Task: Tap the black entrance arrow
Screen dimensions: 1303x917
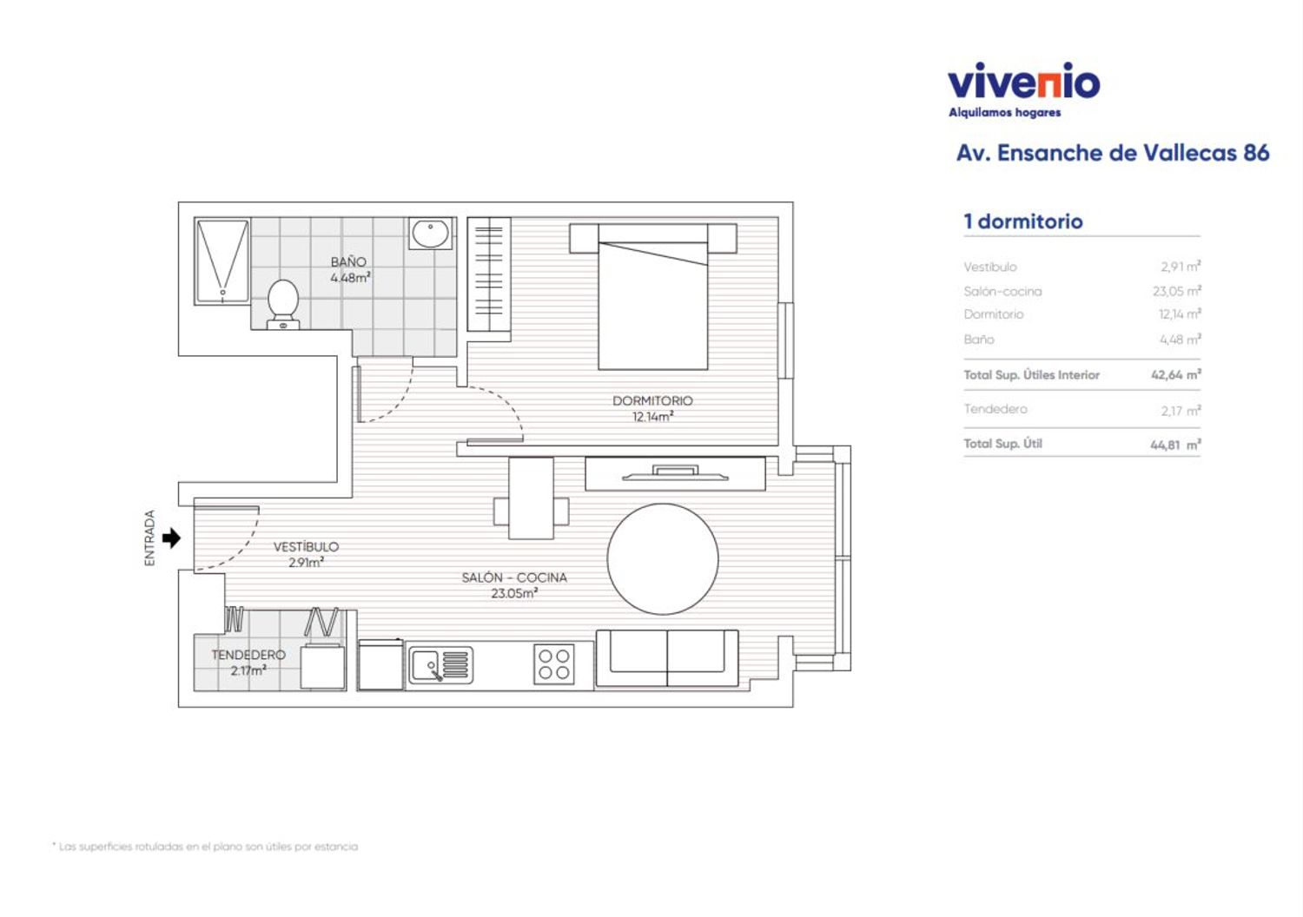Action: [x=171, y=538]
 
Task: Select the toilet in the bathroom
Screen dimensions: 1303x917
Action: [x=283, y=304]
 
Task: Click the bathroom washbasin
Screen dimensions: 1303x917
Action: [x=431, y=234]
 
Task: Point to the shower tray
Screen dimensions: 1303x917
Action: [x=222, y=261]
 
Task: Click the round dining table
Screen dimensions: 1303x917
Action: [x=663, y=559]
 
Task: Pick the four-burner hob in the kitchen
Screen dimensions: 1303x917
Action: [x=554, y=664]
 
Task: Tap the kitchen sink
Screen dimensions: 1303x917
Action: [x=440, y=665]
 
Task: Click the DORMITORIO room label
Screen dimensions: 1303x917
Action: [x=652, y=400]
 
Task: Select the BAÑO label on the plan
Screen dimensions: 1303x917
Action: [x=348, y=262]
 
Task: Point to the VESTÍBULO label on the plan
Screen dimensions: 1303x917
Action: [x=306, y=546]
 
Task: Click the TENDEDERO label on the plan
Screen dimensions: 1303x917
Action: [x=248, y=655]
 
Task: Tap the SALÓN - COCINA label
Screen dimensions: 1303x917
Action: [x=514, y=577]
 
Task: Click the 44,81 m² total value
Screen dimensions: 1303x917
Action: [x=1175, y=445]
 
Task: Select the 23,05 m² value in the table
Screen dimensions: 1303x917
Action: [x=1177, y=291]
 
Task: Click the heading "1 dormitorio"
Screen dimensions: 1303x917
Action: [x=1023, y=221]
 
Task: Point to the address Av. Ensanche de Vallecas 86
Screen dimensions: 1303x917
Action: [x=1113, y=153]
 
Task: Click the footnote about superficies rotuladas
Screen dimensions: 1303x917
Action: [x=205, y=847]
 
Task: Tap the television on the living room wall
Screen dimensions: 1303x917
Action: [x=675, y=472]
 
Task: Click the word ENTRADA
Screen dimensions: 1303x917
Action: [x=150, y=538]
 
